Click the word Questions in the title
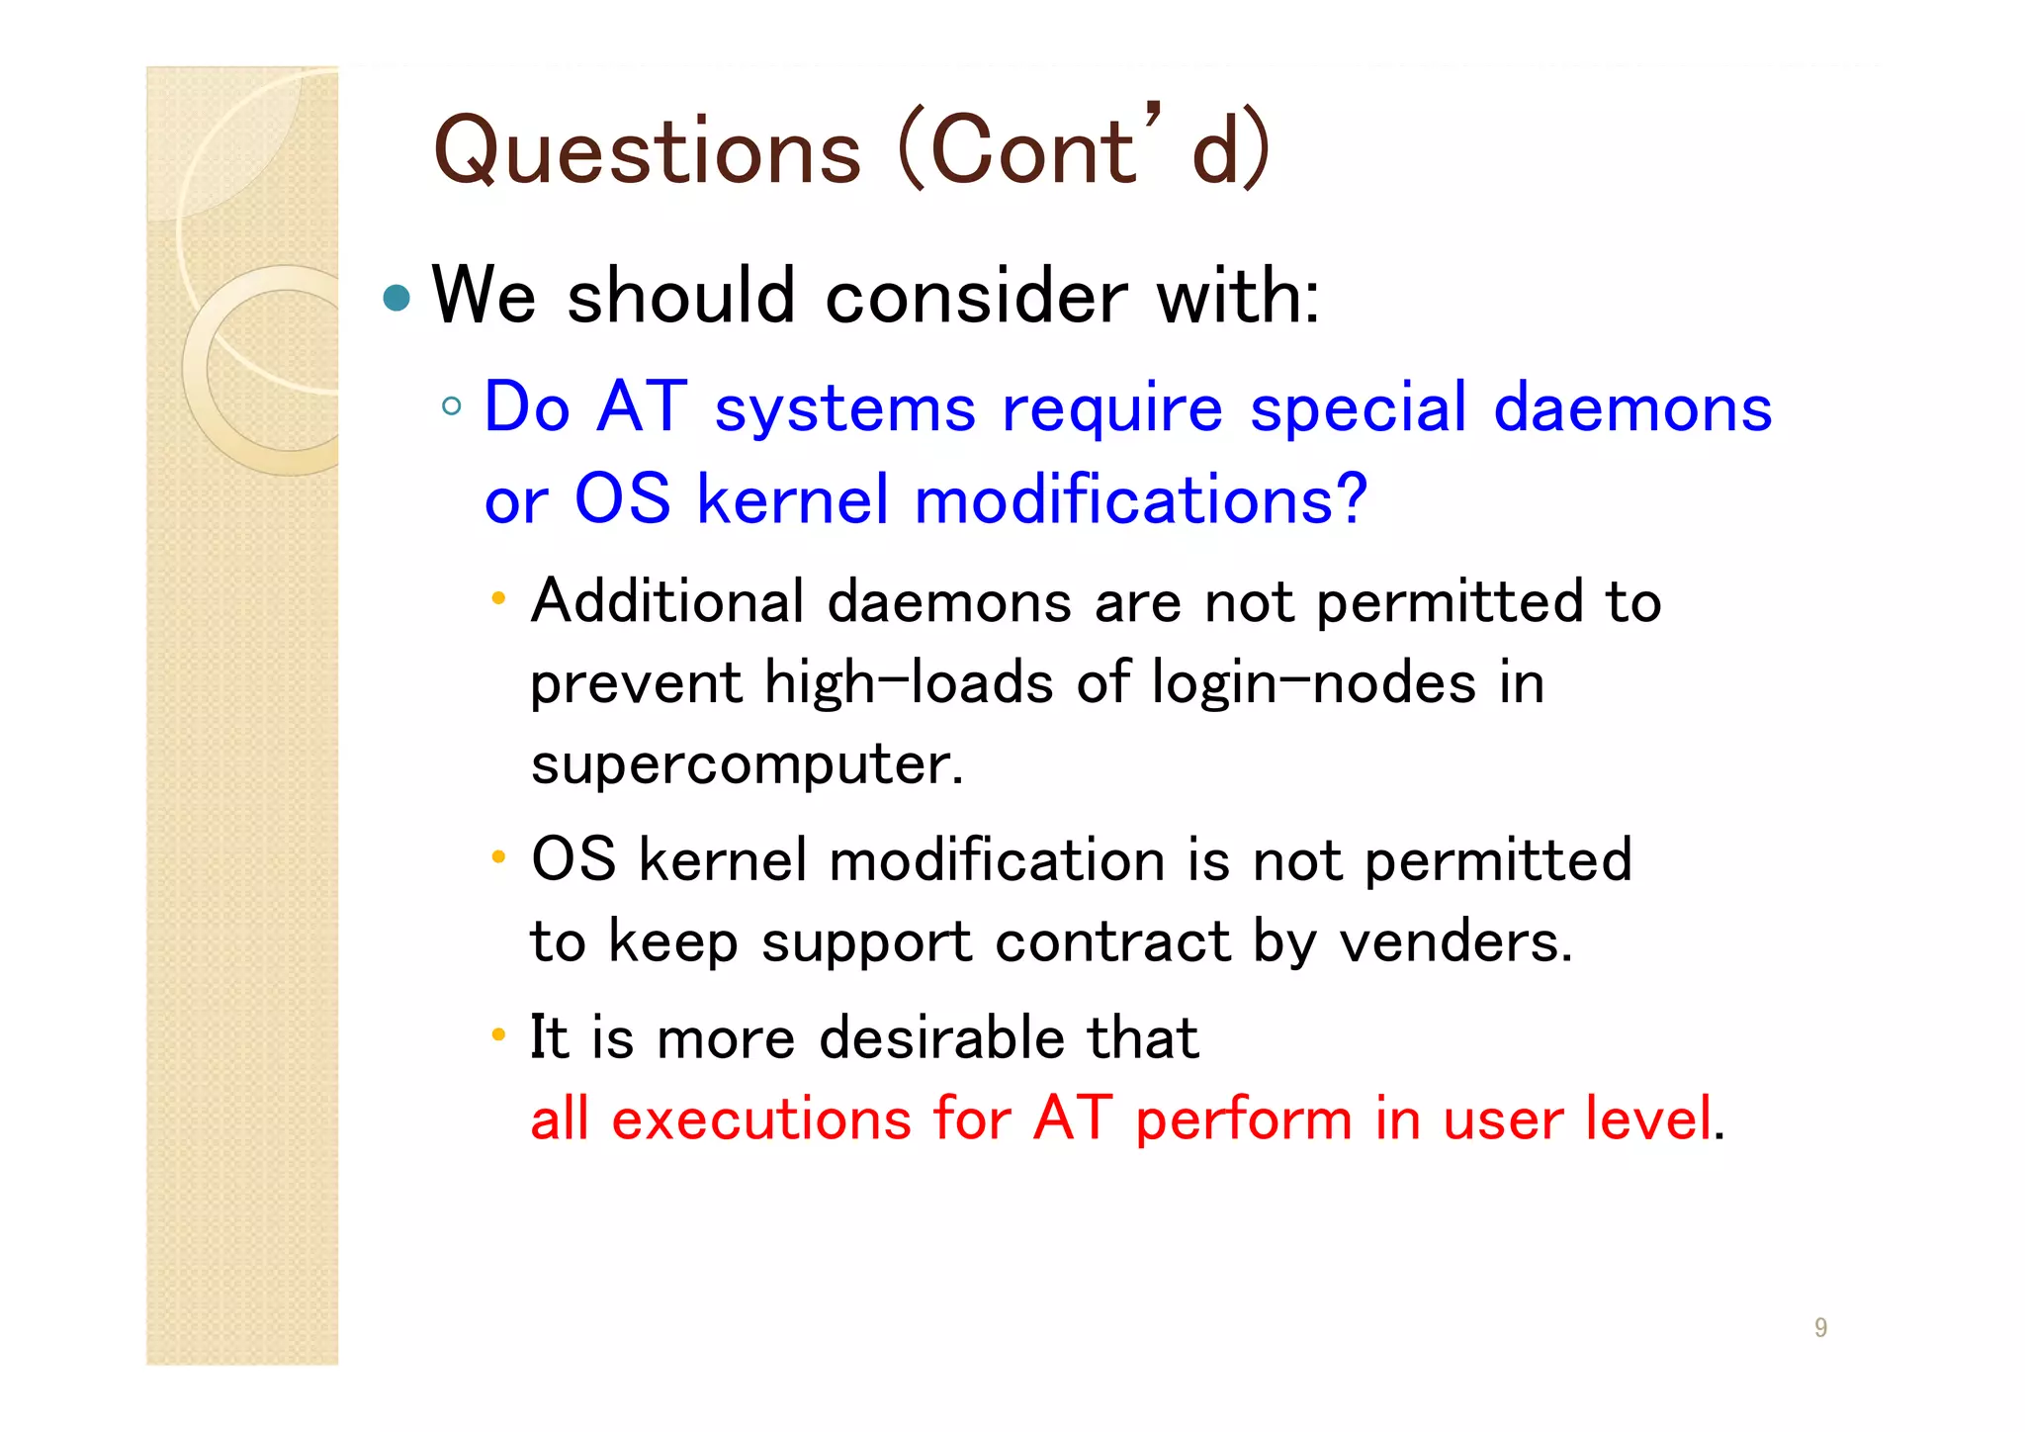pyautogui.click(x=648, y=151)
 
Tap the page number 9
pyautogui.click(x=1820, y=1327)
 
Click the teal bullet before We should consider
pyautogui.click(x=396, y=298)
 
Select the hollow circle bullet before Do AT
pyautogui.click(x=452, y=405)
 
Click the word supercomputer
pyautogui.click(x=747, y=764)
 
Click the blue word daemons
pyautogui.click(x=1632, y=407)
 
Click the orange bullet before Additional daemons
pyautogui.click(x=498, y=598)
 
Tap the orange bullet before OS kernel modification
pyautogui.click(x=498, y=856)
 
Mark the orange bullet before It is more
pyautogui.click(x=498, y=1035)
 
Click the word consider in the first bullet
pyautogui.click(x=976, y=297)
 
